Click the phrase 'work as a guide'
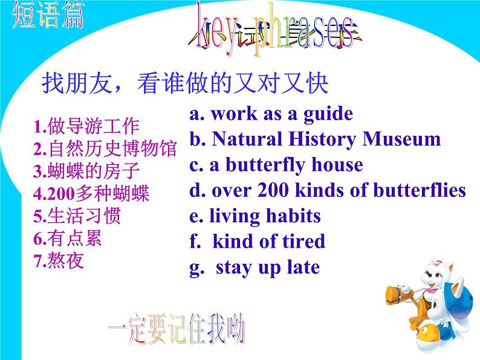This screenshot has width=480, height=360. pyautogui.click(x=281, y=114)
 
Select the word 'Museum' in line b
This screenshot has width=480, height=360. pyautogui.click(x=401, y=139)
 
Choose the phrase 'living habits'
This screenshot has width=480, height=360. pyautogui.click(x=265, y=216)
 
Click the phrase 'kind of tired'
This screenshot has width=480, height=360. pyautogui.click(x=268, y=242)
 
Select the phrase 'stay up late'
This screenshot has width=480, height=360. pyautogui.click(x=267, y=267)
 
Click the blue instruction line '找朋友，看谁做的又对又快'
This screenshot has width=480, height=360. pyautogui.click(x=184, y=83)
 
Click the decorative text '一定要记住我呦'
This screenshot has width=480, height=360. pyautogui.click(x=177, y=331)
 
